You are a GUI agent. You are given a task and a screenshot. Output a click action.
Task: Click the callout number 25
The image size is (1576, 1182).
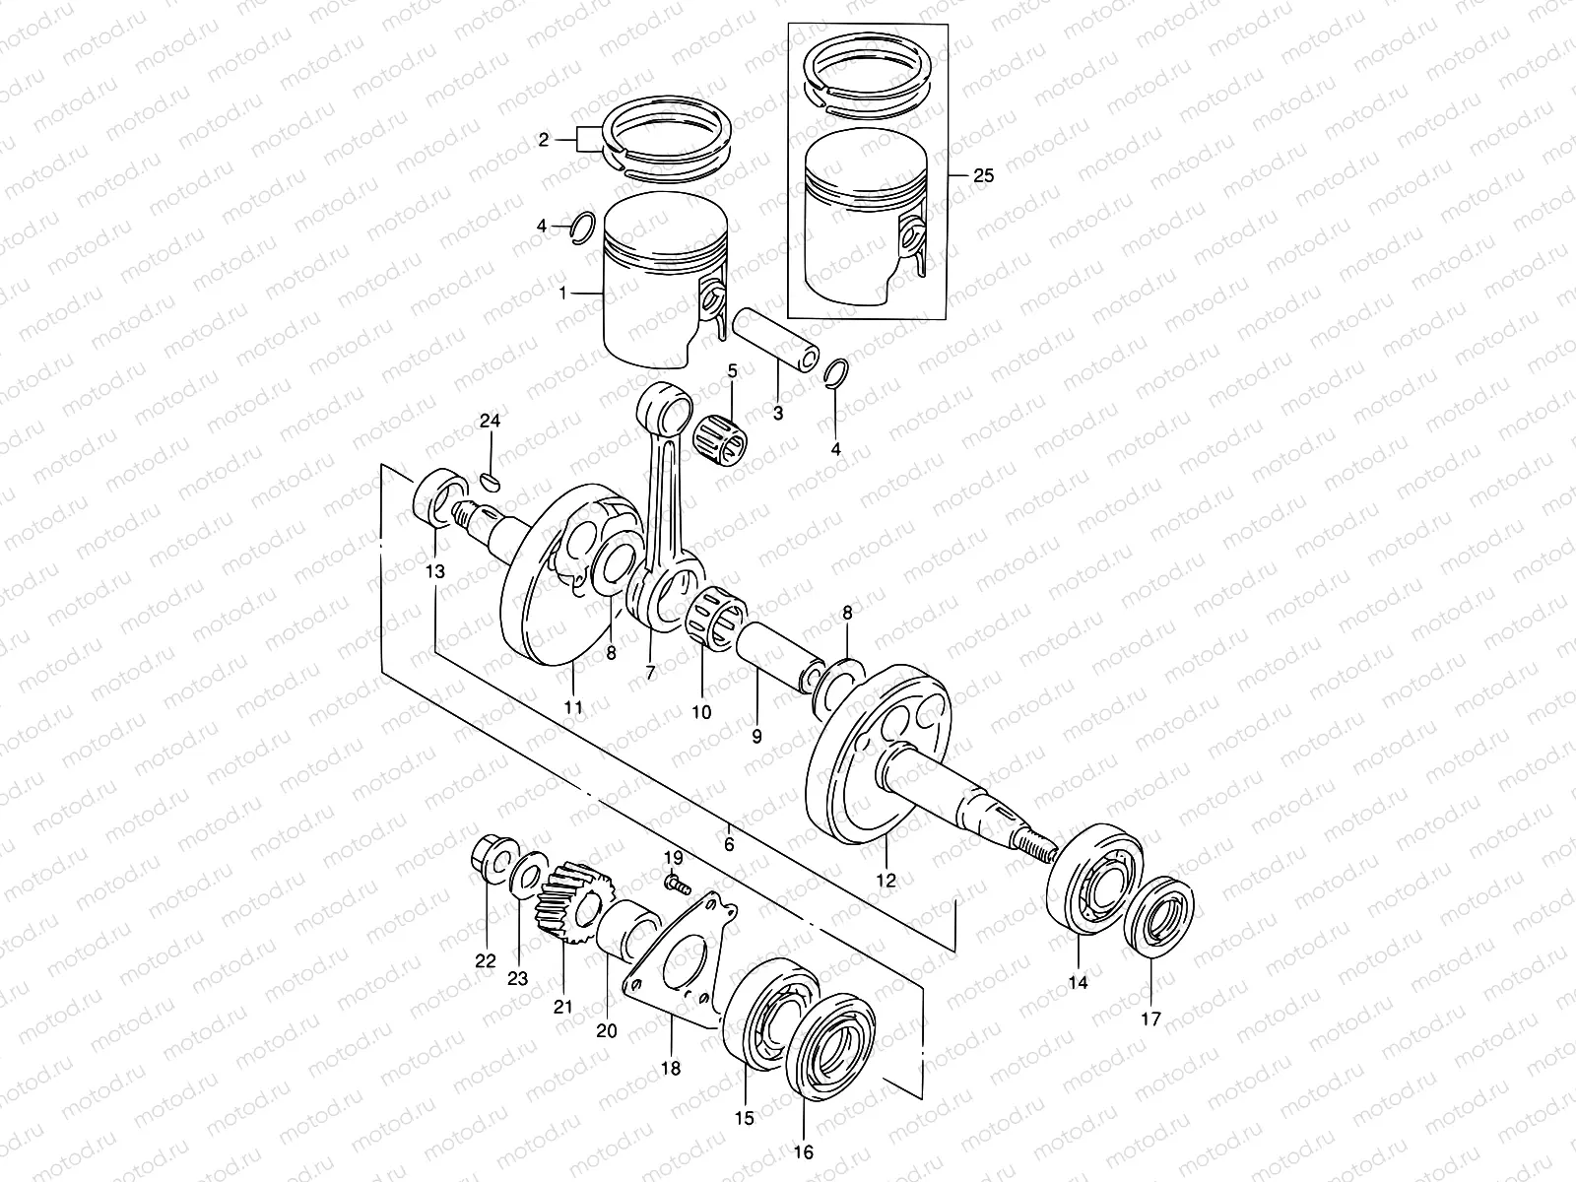[x=983, y=176]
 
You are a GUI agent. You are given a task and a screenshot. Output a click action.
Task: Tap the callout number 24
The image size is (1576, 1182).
[x=490, y=422]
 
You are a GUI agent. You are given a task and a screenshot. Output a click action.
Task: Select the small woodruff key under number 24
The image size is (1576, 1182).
[x=492, y=481]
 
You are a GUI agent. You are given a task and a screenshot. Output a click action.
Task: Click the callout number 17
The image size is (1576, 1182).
[x=1151, y=1018]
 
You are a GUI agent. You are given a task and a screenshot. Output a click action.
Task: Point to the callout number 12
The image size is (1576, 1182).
[x=886, y=881]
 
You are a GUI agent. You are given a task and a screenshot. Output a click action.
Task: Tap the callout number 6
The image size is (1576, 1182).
[x=729, y=844]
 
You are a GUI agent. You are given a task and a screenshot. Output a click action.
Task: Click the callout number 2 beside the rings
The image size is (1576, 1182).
[x=543, y=141]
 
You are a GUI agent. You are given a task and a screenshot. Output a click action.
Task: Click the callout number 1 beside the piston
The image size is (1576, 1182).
[x=563, y=294]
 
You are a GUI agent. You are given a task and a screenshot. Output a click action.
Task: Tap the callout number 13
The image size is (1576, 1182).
[x=435, y=571]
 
